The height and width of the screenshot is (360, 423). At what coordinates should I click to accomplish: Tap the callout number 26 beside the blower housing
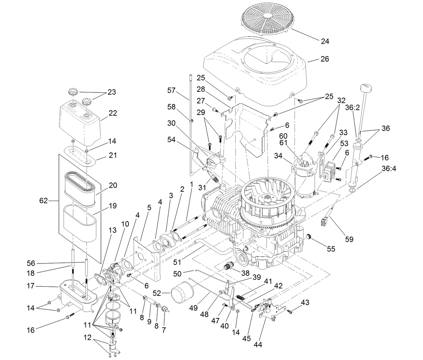click(325, 59)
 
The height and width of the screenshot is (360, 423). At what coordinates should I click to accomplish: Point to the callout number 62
click(43, 201)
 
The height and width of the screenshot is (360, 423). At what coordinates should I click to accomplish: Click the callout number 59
click(349, 239)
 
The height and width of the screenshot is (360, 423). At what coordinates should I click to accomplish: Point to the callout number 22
click(112, 113)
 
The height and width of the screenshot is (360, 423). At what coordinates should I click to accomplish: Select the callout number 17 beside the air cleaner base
click(31, 286)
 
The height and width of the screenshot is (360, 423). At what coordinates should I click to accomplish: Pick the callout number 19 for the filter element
click(113, 205)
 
